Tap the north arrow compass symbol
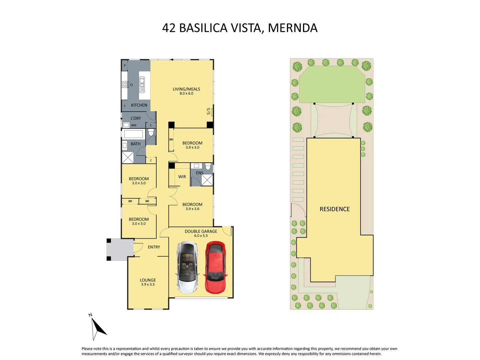pyautogui.click(x=97, y=327)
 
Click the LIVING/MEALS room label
pyautogui.click(x=186, y=89)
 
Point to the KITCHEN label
pyautogui.click(x=139, y=105)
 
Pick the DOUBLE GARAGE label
pyautogui.click(x=201, y=231)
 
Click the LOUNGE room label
pyautogui.click(x=148, y=280)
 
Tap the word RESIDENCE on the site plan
pyautogui.click(x=335, y=209)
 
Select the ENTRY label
pyautogui.click(x=154, y=247)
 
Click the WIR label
pyautogui.click(x=182, y=177)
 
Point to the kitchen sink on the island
pyautogui.click(x=142, y=85)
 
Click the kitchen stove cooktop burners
pyautogui.click(x=125, y=84)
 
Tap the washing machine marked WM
pyautogui.click(x=126, y=125)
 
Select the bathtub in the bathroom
pyautogui.click(x=133, y=134)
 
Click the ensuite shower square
pyautogui.click(x=207, y=180)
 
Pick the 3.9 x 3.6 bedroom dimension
pyautogui.click(x=192, y=209)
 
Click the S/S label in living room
pyautogui.click(x=209, y=111)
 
